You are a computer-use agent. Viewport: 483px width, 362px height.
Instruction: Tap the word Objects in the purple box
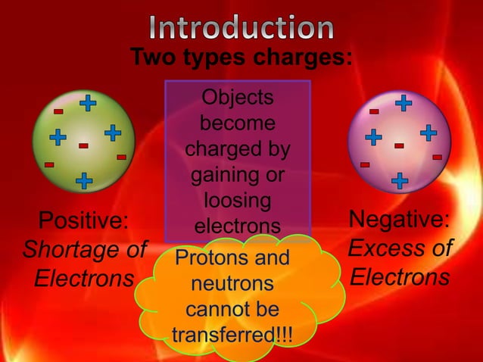(x=238, y=98)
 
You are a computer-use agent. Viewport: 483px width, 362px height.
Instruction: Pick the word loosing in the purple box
(x=238, y=201)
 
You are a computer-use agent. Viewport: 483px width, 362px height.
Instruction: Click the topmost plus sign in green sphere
(x=89, y=101)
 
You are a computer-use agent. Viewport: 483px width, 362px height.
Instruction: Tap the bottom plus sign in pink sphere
(x=400, y=180)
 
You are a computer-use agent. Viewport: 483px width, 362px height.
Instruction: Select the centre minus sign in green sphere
(x=83, y=145)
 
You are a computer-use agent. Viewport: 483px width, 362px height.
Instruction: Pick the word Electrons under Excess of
(x=400, y=276)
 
